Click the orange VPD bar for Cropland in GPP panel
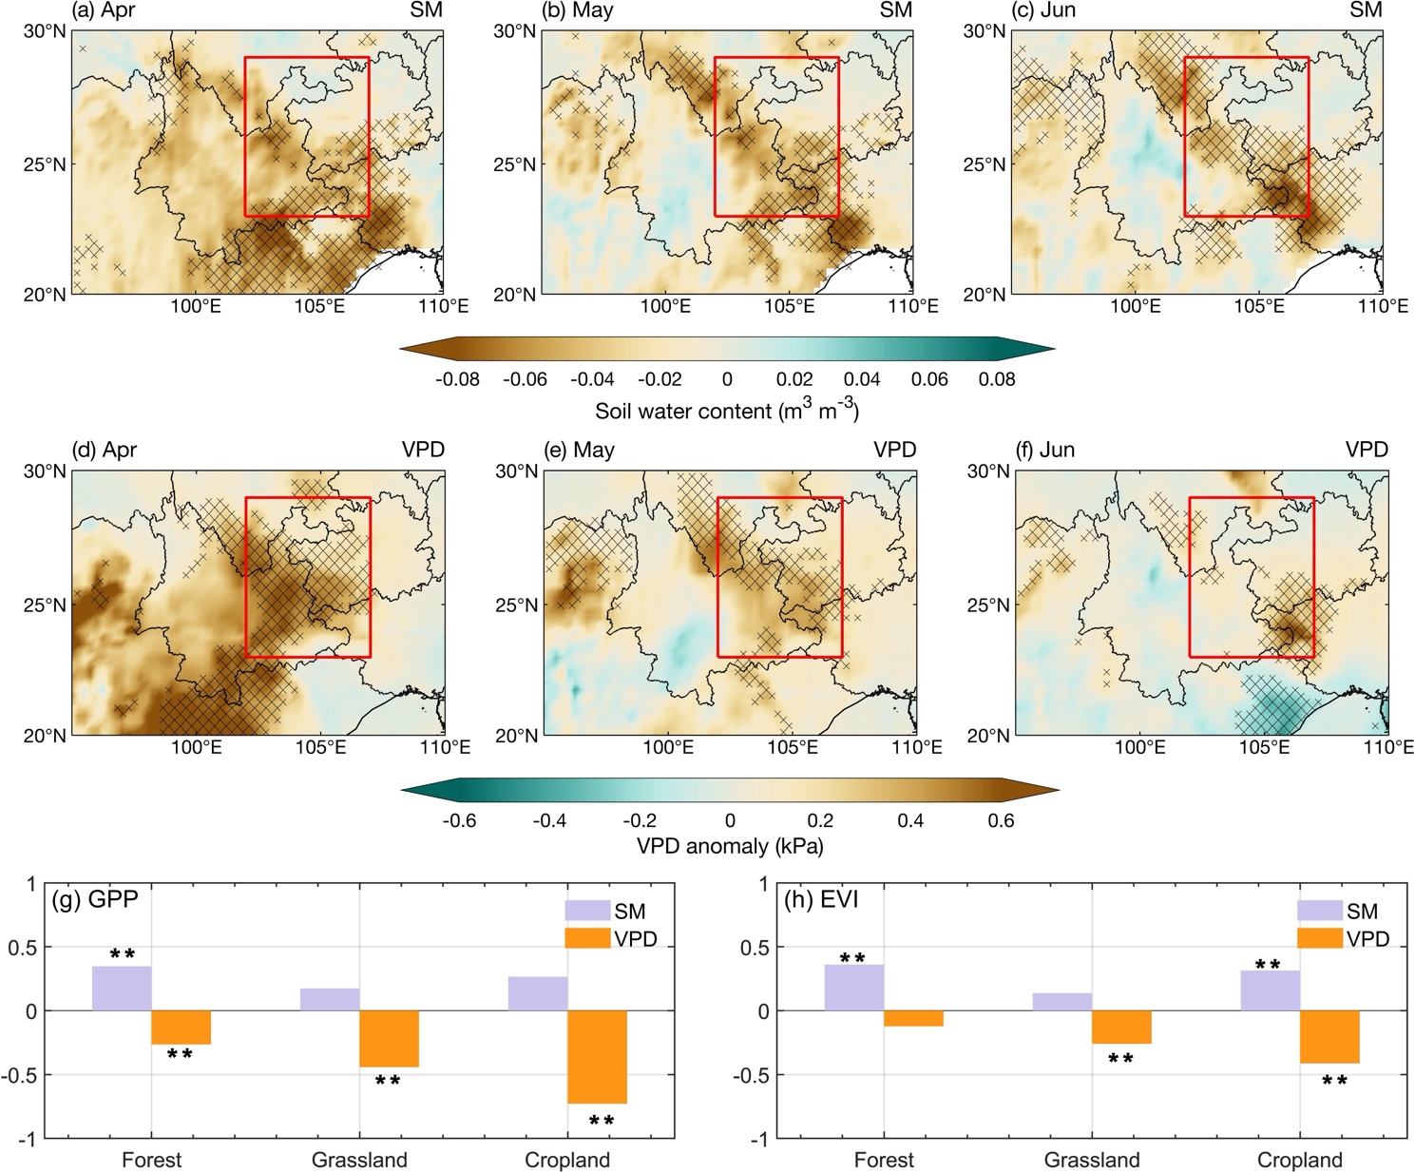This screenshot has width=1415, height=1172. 597,1056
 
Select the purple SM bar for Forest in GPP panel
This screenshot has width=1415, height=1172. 122,988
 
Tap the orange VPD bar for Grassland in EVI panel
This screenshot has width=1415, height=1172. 1121,1027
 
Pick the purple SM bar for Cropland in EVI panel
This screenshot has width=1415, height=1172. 1270,990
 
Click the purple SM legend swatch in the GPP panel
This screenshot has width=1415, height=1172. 587,911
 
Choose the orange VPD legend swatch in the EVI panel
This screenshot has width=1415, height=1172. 1319,938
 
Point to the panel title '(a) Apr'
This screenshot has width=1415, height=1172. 104,10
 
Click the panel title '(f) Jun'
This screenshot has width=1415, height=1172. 1044,450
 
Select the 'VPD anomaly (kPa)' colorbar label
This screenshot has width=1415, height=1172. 729,846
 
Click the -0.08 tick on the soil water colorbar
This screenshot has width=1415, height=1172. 457,379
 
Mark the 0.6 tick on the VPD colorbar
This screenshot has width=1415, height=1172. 1001,820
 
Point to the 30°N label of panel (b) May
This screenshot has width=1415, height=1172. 514,31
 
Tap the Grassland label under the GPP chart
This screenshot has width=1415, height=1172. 359,1161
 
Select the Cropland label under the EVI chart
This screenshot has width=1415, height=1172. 1299,1161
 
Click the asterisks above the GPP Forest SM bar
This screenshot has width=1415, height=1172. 122,953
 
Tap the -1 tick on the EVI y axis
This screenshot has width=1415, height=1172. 758,1139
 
